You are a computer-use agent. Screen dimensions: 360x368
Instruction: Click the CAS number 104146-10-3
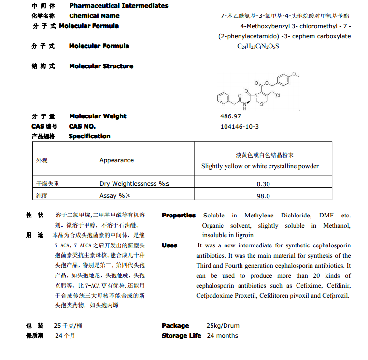tap(240, 126)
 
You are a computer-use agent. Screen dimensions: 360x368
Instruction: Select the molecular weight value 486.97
tap(230, 116)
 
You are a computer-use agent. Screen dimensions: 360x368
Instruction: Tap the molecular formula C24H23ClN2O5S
tap(258, 46)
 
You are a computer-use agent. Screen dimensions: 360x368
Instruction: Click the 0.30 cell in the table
tap(263, 184)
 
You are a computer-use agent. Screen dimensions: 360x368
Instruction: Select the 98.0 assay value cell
tap(263, 196)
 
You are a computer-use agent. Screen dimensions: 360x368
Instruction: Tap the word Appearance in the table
tap(116, 160)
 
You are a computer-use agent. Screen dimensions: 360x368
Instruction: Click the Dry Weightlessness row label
tap(134, 184)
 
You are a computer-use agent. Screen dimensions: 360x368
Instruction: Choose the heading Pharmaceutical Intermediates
tap(119, 6)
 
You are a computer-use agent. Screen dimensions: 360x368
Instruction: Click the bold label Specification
tap(89, 136)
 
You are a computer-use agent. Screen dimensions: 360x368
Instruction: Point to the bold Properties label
tap(179, 216)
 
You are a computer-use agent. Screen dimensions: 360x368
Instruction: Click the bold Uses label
tap(170, 245)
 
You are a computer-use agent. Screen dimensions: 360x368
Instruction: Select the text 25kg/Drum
tap(223, 326)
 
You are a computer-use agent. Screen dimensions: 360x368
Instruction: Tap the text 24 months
tap(222, 336)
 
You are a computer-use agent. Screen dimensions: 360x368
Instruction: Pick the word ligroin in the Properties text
tap(242, 235)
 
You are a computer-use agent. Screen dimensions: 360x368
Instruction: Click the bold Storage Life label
tap(181, 336)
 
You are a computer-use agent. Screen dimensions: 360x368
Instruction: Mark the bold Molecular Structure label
tap(101, 66)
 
